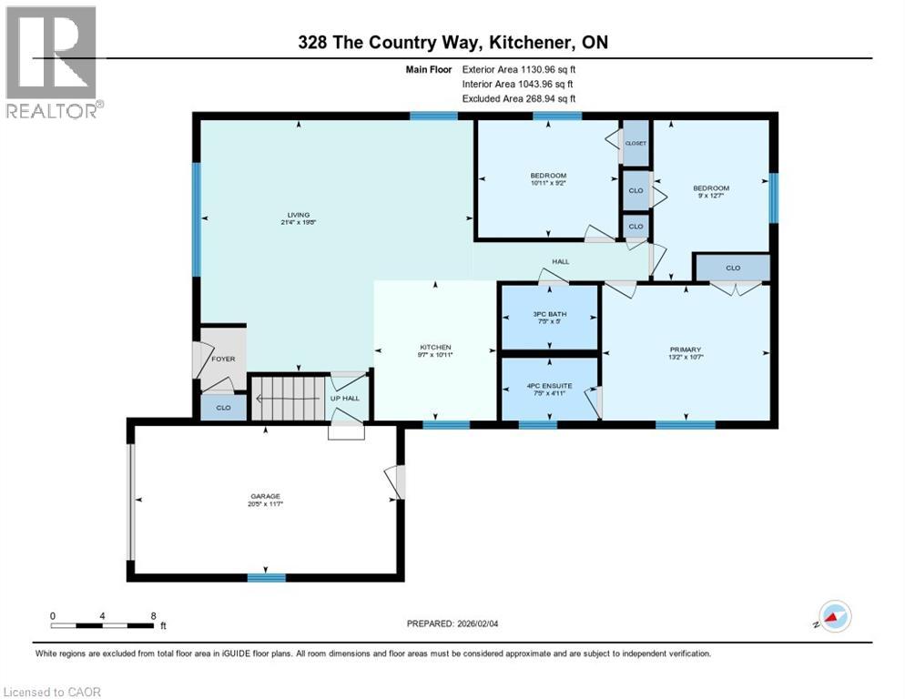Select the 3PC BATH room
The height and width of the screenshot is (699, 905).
[550, 317]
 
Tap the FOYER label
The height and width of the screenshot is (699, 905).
[223, 359]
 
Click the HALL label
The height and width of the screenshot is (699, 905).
[560, 261]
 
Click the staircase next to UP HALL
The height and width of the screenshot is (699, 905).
[287, 398]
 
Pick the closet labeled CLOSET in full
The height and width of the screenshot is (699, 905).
[636, 143]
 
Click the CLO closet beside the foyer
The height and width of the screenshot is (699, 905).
[223, 409]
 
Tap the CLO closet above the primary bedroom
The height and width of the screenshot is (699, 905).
[733, 268]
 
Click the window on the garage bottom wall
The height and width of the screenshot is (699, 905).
[267, 577]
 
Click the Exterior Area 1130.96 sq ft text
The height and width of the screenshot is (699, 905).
[519, 69]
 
